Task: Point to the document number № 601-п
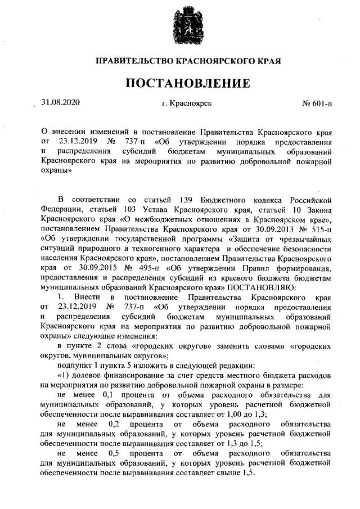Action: (317, 105)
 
